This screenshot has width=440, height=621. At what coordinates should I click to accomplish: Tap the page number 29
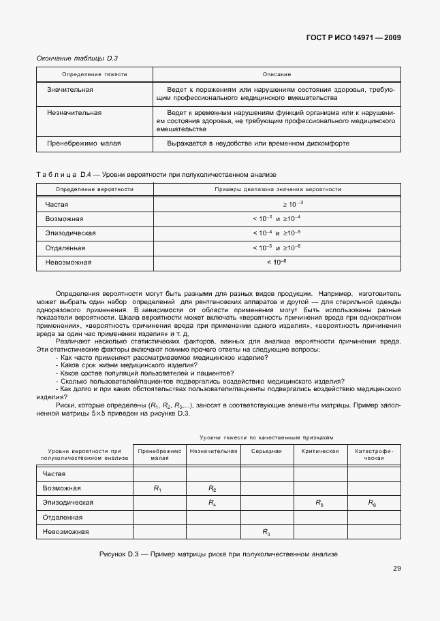(x=396, y=569)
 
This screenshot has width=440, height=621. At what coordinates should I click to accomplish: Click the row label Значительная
(x=69, y=90)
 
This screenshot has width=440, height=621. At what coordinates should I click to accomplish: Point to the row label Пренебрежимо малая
(x=83, y=144)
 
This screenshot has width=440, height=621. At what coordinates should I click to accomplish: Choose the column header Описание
(x=277, y=73)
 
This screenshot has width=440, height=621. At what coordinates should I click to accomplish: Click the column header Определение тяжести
(x=95, y=73)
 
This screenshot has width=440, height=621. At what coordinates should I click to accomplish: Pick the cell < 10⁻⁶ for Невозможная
(x=277, y=262)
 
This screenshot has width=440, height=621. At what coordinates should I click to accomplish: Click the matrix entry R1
(x=158, y=488)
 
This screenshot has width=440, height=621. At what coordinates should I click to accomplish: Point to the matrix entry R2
(x=212, y=488)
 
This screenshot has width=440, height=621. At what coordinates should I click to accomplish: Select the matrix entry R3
(x=266, y=532)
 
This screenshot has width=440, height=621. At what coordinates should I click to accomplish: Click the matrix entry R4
(x=212, y=503)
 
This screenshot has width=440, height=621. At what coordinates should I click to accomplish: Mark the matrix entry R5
(x=319, y=503)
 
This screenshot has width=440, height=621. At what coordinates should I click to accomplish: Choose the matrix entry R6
(x=373, y=503)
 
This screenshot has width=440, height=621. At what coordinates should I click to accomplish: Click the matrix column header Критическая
(x=320, y=451)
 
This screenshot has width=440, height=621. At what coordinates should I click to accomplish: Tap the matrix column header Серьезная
(x=266, y=451)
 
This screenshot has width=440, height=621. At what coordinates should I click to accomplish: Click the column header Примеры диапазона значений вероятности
(x=278, y=189)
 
